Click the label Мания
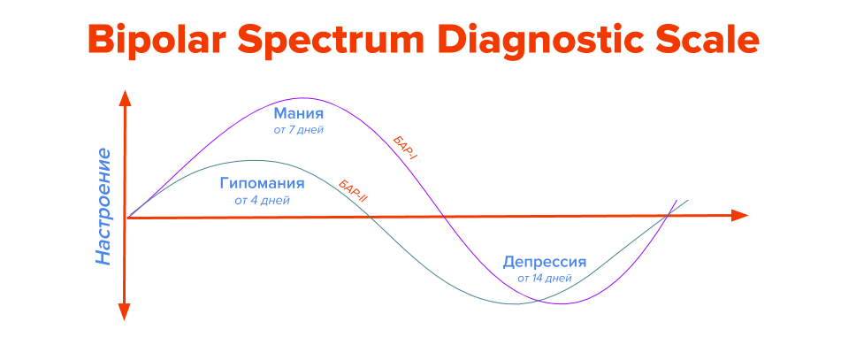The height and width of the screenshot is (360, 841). tap(299, 114)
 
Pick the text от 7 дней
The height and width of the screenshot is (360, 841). tap(299, 130)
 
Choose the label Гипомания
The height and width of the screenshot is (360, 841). tap(263, 184)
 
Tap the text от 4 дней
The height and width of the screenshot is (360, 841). tap(263, 201)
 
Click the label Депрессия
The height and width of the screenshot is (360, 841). tap(545, 263)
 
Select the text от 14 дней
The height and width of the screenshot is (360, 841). tap(545, 279)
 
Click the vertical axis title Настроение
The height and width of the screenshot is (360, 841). tap(103, 207)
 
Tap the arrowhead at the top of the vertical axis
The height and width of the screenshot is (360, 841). tap(125, 98)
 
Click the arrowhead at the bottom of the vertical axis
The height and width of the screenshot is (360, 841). tap(125, 311)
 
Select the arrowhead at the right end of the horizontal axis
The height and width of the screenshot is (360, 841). tap(739, 216)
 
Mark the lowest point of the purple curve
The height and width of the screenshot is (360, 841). tap(562, 303)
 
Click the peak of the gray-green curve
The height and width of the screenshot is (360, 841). tap(255, 160)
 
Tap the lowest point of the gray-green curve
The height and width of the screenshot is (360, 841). tap(515, 304)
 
